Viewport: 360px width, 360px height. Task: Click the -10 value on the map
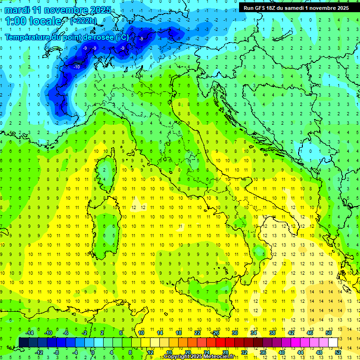tap(76, 67)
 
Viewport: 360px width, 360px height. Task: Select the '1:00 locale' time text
tap(34, 21)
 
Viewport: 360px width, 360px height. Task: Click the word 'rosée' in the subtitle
tap(99, 37)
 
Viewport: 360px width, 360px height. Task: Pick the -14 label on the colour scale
tap(29, 333)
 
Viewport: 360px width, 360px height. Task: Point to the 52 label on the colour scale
tap(338, 352)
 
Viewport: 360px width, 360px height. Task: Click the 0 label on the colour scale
tap(93, 352)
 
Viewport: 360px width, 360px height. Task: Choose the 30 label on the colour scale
tap(235, 333)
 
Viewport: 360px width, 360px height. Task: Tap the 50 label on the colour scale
tap(329, 333)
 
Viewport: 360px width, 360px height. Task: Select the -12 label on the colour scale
tap(38, 352)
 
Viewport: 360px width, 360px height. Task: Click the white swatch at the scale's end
tap(333, 342)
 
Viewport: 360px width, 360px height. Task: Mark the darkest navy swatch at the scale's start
tap(23, 342)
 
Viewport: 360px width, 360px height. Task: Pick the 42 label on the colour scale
tap(291, 333)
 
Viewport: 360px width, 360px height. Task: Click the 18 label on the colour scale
tap(179, 333)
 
